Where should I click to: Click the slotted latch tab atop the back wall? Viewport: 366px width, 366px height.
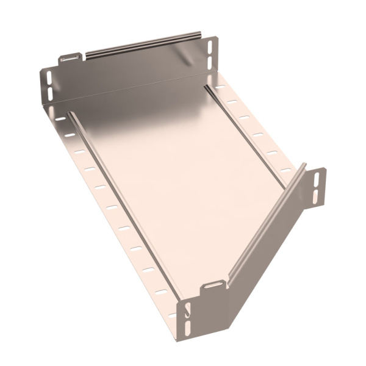pyautogui.click(x=70, y=59)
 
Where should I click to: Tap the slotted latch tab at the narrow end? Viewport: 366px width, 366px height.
pyautogui.click(x=213, y=284)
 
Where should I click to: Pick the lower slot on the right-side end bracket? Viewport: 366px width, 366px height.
pyautogui.click(x=315, y=196)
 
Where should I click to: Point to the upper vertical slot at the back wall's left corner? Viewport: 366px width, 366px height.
pyautogui.click(x=49, y=78)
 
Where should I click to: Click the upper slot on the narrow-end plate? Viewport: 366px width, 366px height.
pyautogui.click(x=188, y=310)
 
